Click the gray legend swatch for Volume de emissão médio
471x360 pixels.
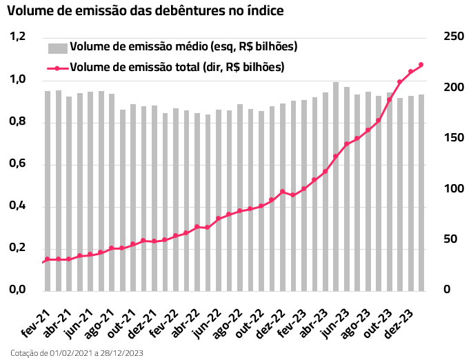[57, 48]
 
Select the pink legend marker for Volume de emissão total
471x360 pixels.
[57, 68]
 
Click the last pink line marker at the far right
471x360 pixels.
[421, 65]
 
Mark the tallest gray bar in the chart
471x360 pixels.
[336, 186]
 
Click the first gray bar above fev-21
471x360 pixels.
[48, 190]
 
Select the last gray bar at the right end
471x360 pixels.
[421, 192]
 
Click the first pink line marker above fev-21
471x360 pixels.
[48, 259]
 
